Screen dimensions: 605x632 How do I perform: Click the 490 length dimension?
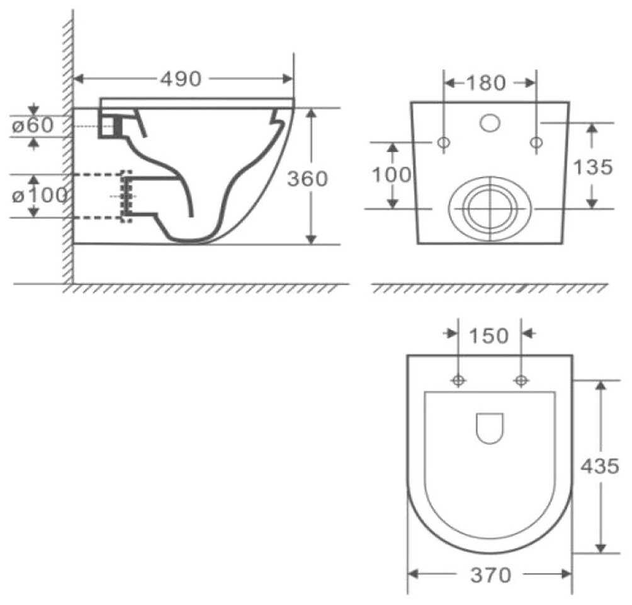coord(181,79)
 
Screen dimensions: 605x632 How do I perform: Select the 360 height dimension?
coord(307,179)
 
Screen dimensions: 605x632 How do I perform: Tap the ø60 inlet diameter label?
coord(33,125)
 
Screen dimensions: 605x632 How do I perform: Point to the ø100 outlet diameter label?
coord(39,195)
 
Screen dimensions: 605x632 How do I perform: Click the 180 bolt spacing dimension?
coord(485,82)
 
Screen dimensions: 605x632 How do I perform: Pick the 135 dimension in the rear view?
coord(592,167)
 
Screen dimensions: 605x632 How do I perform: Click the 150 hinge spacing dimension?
coord(489,336)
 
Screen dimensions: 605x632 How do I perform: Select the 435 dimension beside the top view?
coord(600,466)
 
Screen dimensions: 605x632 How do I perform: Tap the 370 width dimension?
coord(490,575)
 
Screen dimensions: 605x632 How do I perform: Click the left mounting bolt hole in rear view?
coord(443,143)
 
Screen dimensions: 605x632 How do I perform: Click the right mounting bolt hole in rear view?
coord(536,143)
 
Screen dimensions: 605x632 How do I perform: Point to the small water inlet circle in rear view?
coord(489,123)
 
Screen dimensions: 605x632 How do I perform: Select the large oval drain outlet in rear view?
coord(489,208)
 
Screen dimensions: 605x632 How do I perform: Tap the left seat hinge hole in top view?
coord(458,380)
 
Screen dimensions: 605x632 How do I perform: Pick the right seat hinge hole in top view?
coord(521,380)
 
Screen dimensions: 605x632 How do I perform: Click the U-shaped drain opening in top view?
coord(489,427)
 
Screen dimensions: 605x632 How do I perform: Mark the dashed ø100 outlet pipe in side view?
coord(101,196)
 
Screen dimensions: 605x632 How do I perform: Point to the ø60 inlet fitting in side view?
coord(110,125)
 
